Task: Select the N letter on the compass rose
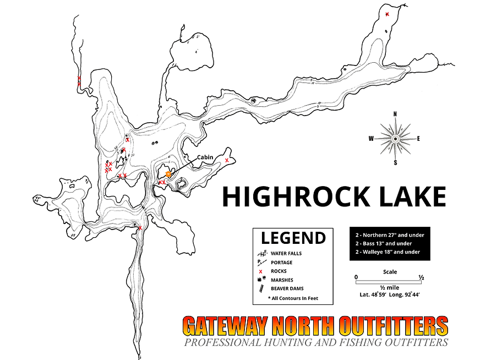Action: coord(395,114)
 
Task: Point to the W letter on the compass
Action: coord(371,138)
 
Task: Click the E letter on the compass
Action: coord(418,139)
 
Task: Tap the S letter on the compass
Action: coord(395,162)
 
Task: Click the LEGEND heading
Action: coord(293,238)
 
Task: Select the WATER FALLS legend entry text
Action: coord(286,253)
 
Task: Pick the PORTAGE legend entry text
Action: coord(282,262)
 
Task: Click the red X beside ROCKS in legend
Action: coord(260,271)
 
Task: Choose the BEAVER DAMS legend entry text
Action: coord(287,288)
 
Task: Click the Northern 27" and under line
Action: coord(390,235)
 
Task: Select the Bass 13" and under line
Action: coord(384,243)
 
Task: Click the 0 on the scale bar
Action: coord(356,277)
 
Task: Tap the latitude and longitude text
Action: coord(389,295)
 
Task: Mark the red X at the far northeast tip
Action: coord(388,14)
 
